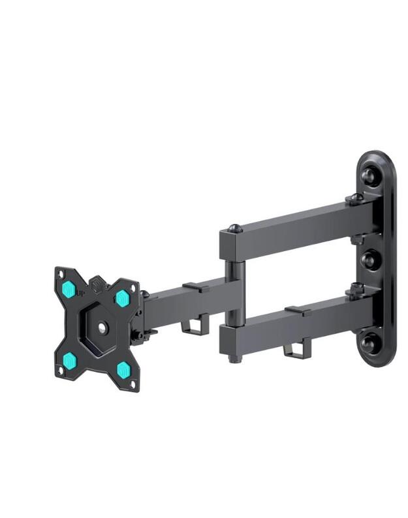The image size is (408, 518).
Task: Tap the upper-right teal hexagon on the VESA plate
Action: click(x=121, y=298)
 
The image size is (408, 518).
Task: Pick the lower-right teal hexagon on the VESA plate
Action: click(x=123, y=370)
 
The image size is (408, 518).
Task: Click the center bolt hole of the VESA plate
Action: click(x=102, y=328)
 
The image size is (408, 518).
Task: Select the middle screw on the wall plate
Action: click(x=369, y=260)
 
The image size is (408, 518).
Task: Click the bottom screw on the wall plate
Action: click(x=369, y=343)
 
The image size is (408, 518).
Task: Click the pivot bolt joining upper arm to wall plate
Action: click(x=356, y=198)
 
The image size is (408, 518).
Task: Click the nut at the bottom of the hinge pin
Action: click(x=232, y=358)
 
